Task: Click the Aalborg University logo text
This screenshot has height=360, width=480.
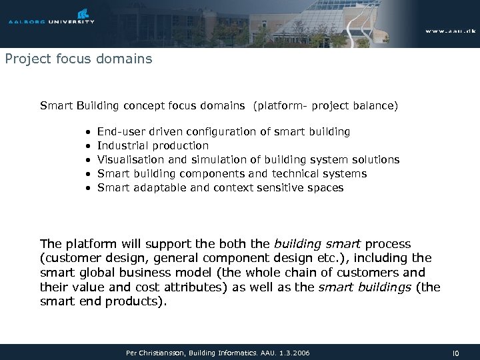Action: [x=51, y=22]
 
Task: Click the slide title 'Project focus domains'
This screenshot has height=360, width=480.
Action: [x=79, y=59]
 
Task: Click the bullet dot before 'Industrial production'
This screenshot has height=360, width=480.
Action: [x=88, y=146]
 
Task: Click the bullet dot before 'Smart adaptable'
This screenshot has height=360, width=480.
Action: [x=88, y=188]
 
